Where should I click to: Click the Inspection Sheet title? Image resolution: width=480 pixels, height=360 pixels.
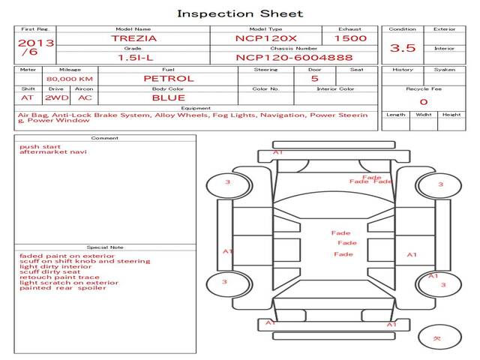click(239, 13)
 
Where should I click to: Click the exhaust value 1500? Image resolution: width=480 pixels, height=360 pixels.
click(350, 38)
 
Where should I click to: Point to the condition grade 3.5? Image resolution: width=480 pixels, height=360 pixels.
click(403, 48)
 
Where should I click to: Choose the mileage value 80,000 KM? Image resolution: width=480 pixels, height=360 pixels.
click(69, 79)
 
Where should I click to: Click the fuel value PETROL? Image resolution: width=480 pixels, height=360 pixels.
click(168, 78)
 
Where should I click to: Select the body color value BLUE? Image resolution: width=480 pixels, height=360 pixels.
click(168, 97)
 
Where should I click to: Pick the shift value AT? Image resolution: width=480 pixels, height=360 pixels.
click(27, 97)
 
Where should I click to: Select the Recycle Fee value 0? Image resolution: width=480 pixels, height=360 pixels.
click(423, 102)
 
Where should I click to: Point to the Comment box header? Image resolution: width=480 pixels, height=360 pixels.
click(104, 138)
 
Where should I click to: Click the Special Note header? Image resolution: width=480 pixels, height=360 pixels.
click(104, 247)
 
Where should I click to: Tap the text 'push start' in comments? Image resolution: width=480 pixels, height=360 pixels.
click(35, 146)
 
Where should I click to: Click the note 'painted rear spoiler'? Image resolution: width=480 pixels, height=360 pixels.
click(63, 288)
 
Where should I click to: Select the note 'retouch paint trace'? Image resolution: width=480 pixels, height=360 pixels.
click(59, 277)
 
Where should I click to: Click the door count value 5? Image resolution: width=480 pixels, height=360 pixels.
click(314, 78)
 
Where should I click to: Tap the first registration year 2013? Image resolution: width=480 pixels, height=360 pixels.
click(35, 43)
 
